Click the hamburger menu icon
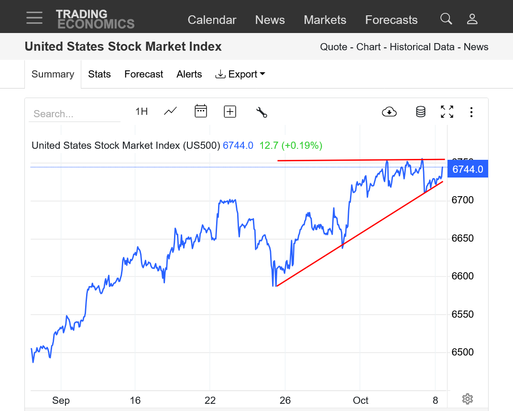pyautogui.click(x=34, y=18)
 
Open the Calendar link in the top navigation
pyautogui.click(x=212, y=20)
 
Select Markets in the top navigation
pyautogui.click(x=325, y=20)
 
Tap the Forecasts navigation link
pyautogui.click(x=391, y=20)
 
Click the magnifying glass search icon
pyautogui.click(x=446, y=19)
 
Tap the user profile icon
pyautogui.click(x=472, y=19)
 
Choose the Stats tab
pyautogui.click(x=99, y=74)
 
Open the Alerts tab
pyautogui.click(x=189, y=74)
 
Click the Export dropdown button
pyautogui.click(x=240, y=74)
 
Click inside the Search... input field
pyautogui.click(x=74, y=114)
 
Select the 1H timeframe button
pyautogui.click(x=142, y=111)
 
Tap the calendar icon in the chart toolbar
pyautogui.click(x=201, y=111)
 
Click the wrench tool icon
pyautogui.click(x=262, y=112)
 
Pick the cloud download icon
pyautogui.click(x=390, y=112)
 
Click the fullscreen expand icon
pyautogui.click(x=447, y=112)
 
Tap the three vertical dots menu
pyautogui.click(x=471, y=112)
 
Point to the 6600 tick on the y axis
pyautogui.click(x=463, y=276)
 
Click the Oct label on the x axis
pyautogui.click(x=361, y=400)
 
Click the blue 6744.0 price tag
pyautogui.click(x=468, y=169)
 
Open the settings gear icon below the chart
pyautogui.click(x=468, y=399)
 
